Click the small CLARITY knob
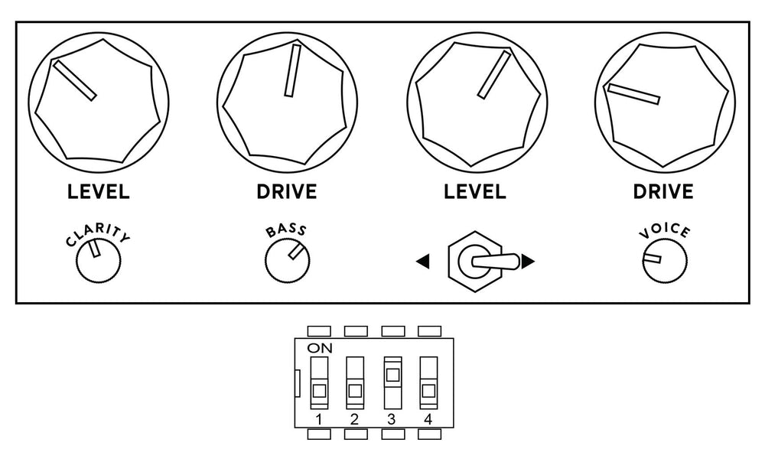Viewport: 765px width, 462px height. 98,261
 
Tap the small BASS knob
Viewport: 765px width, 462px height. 288,261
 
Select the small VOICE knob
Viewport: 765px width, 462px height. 665,261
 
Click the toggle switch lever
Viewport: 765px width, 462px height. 493,261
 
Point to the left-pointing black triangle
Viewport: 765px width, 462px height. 422,262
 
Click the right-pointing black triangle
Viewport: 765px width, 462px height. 528,262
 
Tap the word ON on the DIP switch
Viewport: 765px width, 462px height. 320,348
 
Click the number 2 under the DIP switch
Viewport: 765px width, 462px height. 355,419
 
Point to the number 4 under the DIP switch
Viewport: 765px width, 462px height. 428,419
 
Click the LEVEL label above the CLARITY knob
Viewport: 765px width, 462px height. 98,192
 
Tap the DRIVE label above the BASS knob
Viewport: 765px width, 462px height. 287,192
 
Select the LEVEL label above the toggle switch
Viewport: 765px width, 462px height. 475,192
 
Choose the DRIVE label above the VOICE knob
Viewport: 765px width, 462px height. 663,192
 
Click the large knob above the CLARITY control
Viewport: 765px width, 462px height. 99,102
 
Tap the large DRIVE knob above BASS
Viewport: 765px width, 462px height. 288,102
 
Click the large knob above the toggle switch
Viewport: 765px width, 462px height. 477,102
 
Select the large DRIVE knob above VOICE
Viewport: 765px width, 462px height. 665,102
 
